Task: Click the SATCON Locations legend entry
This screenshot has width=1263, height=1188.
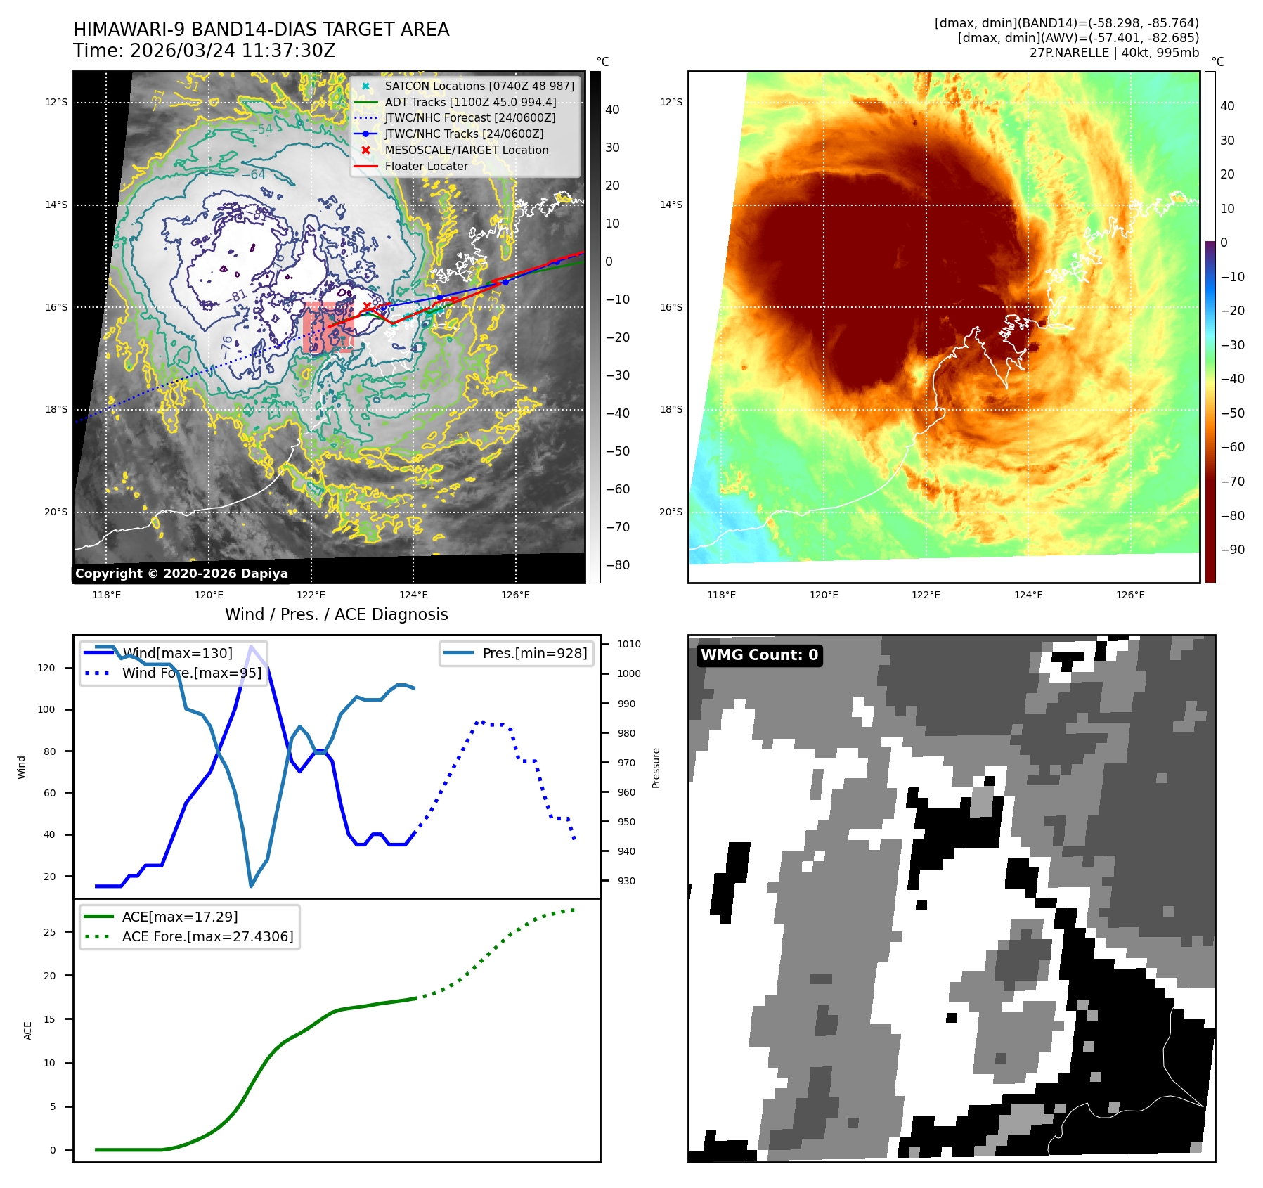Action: click(x=479, y=86)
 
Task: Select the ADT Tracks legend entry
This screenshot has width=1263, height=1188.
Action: click(x=470, y=102)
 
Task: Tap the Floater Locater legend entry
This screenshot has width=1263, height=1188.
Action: click(x=426, y=166)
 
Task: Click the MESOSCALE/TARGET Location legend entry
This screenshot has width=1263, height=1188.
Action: click(x=466, y=150)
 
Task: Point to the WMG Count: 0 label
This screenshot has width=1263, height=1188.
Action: click(x=759, y=655)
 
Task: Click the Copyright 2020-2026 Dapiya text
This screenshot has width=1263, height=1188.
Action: click(x=181, y=574)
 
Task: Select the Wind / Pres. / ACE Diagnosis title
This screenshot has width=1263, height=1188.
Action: click(x=336, y=614)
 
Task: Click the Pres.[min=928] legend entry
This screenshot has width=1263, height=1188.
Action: click(x=534, y=653)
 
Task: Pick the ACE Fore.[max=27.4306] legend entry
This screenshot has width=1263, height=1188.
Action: click(x=207, y=936)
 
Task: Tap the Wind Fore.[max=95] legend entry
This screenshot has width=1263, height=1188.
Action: click(x=191, y=673)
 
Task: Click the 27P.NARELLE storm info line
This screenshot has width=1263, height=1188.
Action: click(x=1114, y=53)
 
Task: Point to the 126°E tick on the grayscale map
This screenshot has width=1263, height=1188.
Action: click(x=515, y=595)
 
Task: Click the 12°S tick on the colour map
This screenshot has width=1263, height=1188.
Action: click(x=671, y=102)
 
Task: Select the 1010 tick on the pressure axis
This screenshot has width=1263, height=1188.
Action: click(x=628, y=644)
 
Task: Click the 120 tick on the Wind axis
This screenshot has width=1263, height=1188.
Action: click(x=46, y=668)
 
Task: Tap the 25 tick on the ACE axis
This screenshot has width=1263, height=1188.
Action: click(x=49, y=932)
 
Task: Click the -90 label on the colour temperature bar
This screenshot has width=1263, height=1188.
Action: click(x=1232, y=550)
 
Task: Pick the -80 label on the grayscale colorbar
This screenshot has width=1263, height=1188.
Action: click(x=618, y=565)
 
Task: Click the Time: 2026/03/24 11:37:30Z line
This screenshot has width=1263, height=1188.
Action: click(x=204, y=51)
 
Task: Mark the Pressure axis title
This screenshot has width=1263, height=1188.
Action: click(x=656, y=768)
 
